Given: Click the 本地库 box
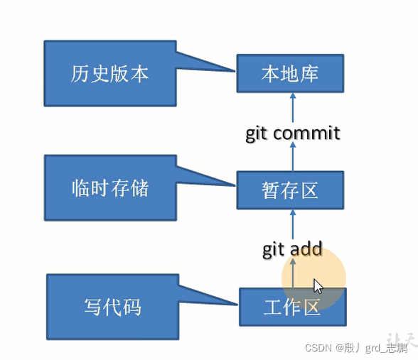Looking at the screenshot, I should (x=289, y=73).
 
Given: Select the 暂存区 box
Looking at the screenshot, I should (x=289, y=190).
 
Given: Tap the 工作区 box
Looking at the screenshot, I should (x=292, y=307).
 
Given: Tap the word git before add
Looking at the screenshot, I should (x=274, y=250).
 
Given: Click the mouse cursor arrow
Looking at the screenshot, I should (x=318, y=286).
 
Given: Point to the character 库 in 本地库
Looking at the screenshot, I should (x=309, y=73).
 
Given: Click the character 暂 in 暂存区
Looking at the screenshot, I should (x=271, y=190).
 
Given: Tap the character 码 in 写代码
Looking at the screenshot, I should (x=132, y=307).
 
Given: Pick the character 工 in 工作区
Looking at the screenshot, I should (x=273, y=307).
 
